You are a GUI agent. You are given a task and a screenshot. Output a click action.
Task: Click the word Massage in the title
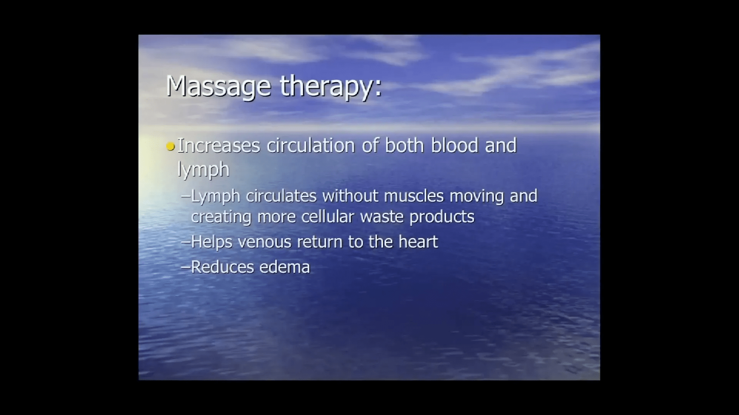pyautogui.click(x=218, y=86)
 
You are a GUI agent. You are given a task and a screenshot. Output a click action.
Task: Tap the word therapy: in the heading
pyautogui.click(x=331, y=86)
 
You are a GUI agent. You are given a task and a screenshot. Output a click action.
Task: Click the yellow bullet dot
pyautogui.click(x=171, y=146)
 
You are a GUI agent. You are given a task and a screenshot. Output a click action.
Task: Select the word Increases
pyautogui.click(x=219, y=146)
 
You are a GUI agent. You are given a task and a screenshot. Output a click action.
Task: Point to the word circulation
pyautogui.click(x=311, y=145)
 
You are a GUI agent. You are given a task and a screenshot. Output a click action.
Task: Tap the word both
pyautogui.click(x=405, y=145)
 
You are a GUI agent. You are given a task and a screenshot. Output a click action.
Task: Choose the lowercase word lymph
pyautogui.click(x=203, y=169)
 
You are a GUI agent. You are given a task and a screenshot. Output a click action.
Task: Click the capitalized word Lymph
pyautogui.click(x=216, y=196)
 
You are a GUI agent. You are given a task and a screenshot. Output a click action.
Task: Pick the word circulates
pyautogui.click(x=281, y=196)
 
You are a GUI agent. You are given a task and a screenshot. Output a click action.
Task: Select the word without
pyautogui.click(x=351, y=196)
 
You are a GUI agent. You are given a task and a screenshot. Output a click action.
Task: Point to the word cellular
pyautogui.click(x=328, y=217)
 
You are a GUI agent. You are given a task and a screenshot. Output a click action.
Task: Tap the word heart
pyautogui.click(x=418, y=242)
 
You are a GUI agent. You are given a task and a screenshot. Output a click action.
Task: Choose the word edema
pyautogui.click(x=285, y=267)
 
